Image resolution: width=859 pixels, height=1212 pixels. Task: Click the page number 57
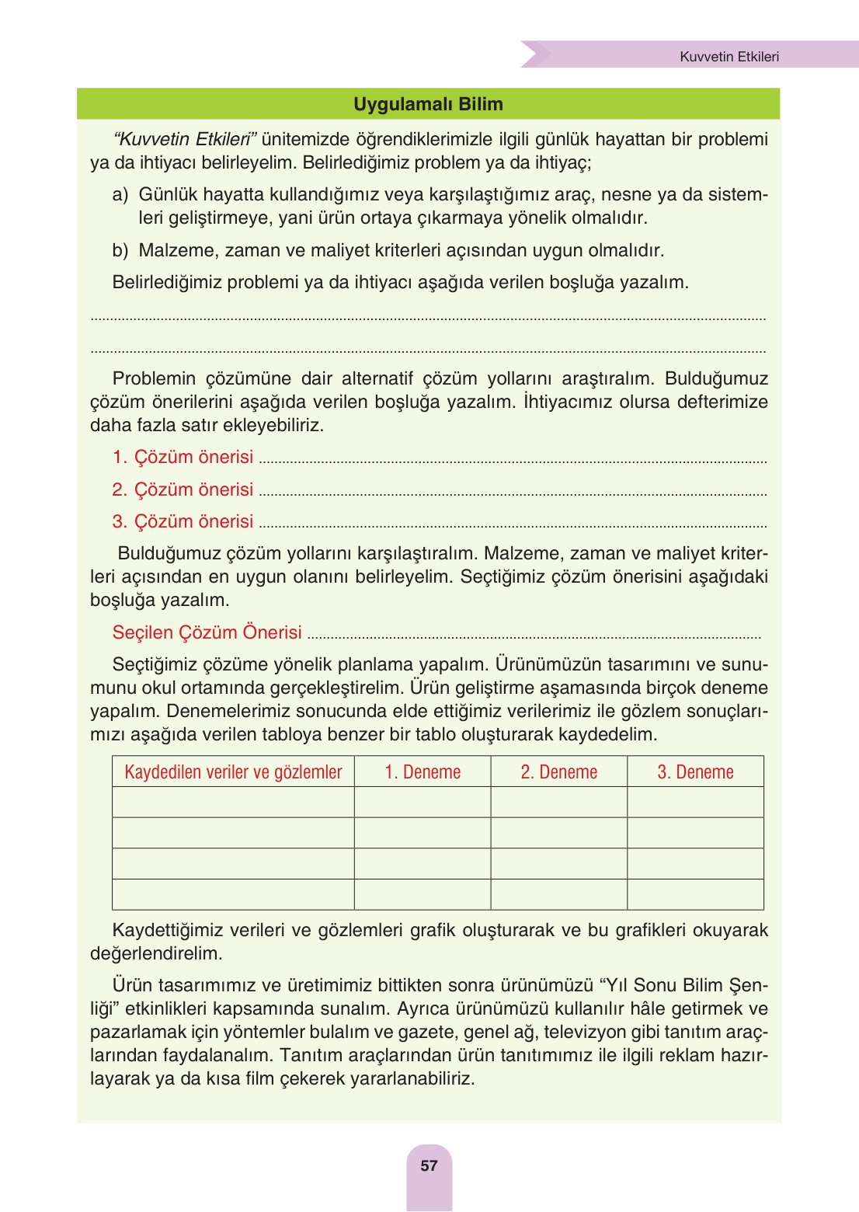click(429, 1165)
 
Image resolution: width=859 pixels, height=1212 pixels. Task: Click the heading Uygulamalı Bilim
click(428, 104)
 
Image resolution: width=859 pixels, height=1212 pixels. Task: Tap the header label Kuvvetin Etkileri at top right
click(729, 57)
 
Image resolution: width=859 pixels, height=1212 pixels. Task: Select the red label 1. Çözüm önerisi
click(183, 457)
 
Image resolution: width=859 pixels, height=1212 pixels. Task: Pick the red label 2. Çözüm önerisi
click(183, 489)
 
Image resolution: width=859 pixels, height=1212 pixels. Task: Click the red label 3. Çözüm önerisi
click(183, 521)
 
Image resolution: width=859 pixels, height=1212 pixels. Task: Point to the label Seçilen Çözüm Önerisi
click(207, 632)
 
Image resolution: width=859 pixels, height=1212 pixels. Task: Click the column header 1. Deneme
click(423, 772)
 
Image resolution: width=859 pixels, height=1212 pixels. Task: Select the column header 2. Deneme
click(558, 772)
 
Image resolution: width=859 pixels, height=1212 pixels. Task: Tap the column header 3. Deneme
click(695, 772)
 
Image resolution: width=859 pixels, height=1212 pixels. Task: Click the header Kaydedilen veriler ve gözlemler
click(233, 772)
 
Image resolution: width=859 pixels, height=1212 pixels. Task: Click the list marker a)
click(120, 194)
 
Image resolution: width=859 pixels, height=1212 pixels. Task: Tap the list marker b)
click(120, 250)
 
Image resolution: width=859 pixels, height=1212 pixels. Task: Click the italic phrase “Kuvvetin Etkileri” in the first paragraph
click(185, 139)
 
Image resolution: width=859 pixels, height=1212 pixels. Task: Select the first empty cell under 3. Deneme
click(695, 802)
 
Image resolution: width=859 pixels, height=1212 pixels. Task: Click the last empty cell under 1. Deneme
click(423, 894)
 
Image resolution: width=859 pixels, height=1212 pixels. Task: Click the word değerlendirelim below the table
click(156, 953)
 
